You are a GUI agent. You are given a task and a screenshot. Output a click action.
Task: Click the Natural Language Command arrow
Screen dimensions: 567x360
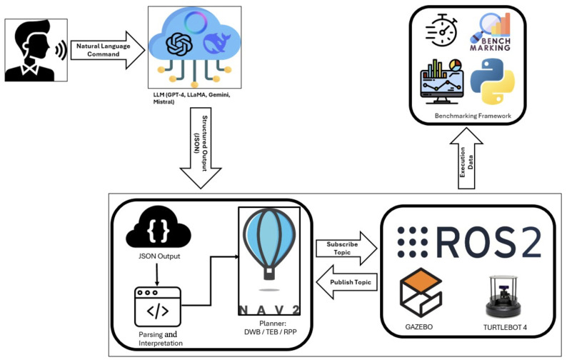(x=108, y=50)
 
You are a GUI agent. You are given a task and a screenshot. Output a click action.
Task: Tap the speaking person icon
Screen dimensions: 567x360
(x=36, y=50)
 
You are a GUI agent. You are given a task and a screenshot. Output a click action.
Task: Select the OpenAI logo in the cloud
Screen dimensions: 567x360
(x=179, y=44)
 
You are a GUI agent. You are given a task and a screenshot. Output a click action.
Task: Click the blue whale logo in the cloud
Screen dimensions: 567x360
(x=217, y=42)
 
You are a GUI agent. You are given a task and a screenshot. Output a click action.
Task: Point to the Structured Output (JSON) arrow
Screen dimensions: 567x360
(x=201, y=148)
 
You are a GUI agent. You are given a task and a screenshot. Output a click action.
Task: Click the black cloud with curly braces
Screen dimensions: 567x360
(x=159, y=228)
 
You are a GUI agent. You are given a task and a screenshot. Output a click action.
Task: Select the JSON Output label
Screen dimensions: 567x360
(x=159, y=256)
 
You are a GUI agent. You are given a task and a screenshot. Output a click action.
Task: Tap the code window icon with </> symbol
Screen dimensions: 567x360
(x=158, y=307)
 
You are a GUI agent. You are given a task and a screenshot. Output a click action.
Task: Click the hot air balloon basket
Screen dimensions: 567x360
(x=269, y=274)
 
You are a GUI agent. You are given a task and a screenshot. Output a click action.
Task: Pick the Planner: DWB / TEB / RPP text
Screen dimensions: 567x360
(x=271, y=327)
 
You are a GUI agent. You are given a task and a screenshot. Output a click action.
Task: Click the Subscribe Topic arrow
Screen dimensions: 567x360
(x=346, y=248)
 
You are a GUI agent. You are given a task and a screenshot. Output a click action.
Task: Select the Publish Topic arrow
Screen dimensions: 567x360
(x=346, y=282)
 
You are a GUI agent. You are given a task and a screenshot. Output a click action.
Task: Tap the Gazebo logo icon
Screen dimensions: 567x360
(x=421, y=292)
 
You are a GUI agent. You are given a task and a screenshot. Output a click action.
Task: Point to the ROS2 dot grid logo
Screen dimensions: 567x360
(x=413, y=242)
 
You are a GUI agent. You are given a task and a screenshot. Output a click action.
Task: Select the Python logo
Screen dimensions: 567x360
(x=492, y=81)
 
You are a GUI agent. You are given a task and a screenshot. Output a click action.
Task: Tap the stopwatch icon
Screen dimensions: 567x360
(x=441, y=31)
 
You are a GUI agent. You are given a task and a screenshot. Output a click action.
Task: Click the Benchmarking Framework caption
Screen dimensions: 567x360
(x=473, y=116)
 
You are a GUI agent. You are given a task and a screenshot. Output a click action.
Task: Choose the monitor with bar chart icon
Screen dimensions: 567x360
(x=441, y=81)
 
